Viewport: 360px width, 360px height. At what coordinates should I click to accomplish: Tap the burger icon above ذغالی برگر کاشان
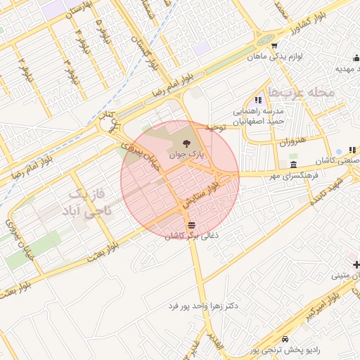coord(191,225)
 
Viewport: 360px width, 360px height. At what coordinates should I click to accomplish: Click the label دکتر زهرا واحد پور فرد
coord(203,307)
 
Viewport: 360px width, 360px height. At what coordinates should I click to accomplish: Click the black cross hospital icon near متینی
coord(356,264)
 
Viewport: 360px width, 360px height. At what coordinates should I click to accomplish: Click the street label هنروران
coord(293,141)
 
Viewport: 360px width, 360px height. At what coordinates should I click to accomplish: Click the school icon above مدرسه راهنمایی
coord(258,101)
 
